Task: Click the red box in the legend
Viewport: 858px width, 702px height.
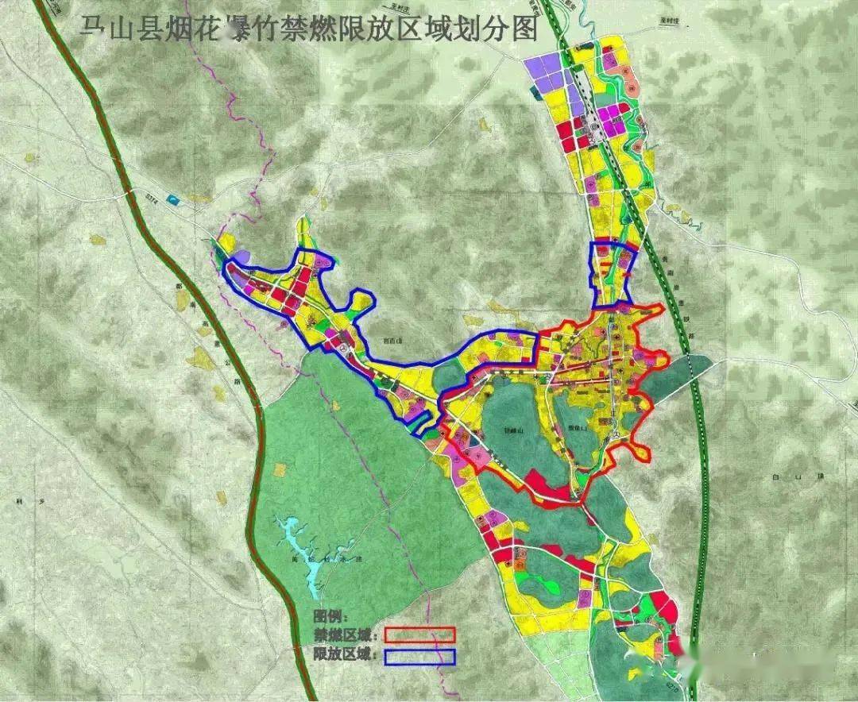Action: click(419, 634)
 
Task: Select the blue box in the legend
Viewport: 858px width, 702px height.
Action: click(419, 657)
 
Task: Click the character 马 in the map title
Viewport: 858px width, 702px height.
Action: click(94, 29)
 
